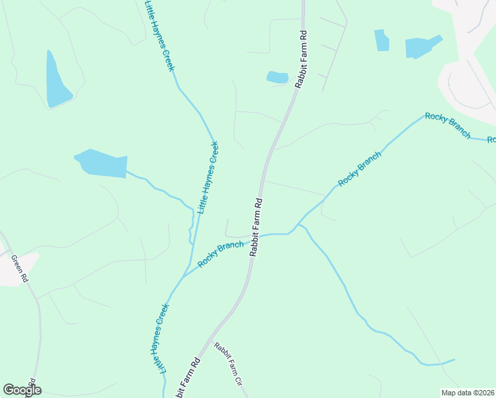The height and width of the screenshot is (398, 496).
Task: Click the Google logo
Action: click(22, 390)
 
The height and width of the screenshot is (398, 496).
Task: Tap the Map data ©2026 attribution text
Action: click(467, 393)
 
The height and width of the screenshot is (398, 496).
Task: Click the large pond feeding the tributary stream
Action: click(101, 163)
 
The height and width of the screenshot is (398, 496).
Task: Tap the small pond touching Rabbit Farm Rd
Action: click(277, 77)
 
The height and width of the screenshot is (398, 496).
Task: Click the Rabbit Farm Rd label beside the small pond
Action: click(303, 59)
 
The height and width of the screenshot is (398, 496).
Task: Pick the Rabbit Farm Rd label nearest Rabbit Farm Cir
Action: click(188, 378)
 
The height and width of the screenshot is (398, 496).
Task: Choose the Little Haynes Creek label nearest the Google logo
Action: click(163, 338)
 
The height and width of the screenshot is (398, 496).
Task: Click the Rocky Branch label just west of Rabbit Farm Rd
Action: click(220, 254)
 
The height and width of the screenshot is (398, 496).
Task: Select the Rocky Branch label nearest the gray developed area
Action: click(448, 125)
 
